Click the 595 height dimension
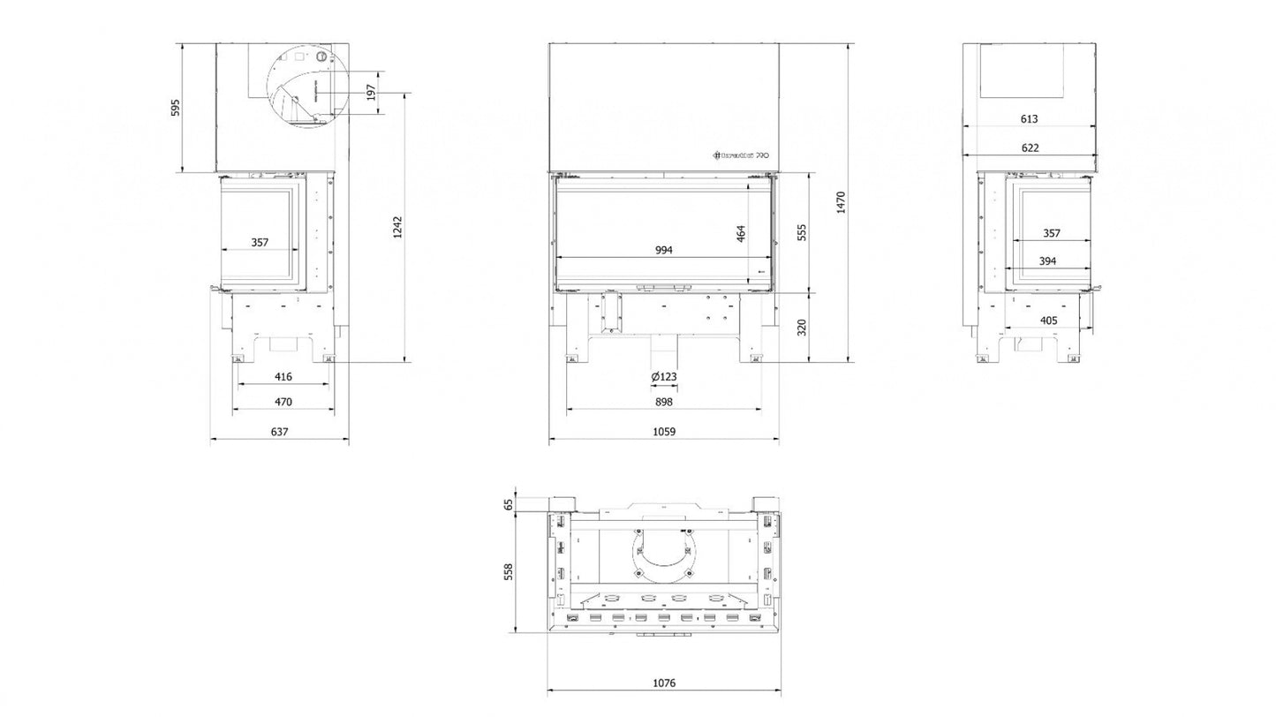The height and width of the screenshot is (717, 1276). (x=175, y=107)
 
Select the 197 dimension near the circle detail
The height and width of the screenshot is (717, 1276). (x=371, y=93)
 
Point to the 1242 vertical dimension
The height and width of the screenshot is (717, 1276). (x=398, y=227)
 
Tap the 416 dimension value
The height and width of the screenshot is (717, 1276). (x=283, y=377)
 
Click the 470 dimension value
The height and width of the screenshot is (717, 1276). (x=283, y=402)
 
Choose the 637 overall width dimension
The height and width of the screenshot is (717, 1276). (x=279, y=432)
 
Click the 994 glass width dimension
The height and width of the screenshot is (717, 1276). (x=664, y=250)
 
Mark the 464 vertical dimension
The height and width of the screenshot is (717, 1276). (x=741, y=234)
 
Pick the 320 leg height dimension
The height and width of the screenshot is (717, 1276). (x=802, y=327)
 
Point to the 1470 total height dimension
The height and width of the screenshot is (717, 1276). (x=841, y=203)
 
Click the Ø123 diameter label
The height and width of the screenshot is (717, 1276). (x=663, y=377)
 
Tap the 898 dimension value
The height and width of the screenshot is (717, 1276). (x=664, y=402)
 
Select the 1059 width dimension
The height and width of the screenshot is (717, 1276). (x=663, y=432)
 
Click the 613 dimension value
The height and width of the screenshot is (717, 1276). (x=1029, y=118)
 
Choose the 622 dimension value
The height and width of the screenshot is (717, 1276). (x=1029, y=147)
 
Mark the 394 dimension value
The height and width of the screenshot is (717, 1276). (x=1048, y=261)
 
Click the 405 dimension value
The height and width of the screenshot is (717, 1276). (x=1048, y=321)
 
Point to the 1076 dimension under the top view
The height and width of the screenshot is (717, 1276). (x=663, y=683)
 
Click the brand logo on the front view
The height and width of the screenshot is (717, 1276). (x=741, y=154)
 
